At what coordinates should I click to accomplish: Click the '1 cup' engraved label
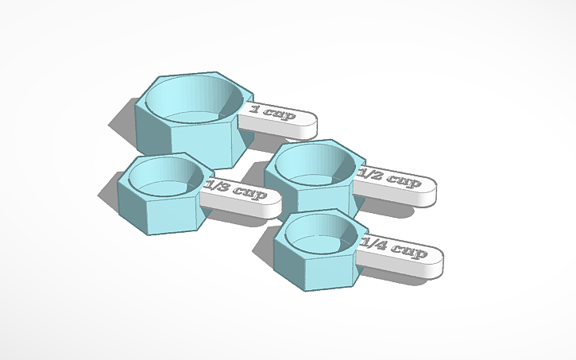pyautogui.click(x=273, y=112)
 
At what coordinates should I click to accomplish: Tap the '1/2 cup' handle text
pyautogui.click(x=389, y=178)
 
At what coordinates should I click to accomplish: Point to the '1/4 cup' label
pyautogui.click(x=394, y=248)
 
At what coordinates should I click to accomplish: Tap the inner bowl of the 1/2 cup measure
pyautogui.click(x=315, y=165)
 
